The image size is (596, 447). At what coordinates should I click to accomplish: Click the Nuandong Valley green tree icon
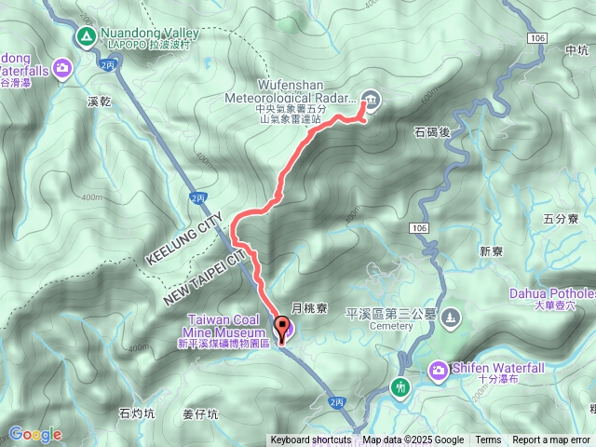pos(85,36)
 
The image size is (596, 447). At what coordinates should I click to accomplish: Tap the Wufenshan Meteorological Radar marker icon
pos(370,101)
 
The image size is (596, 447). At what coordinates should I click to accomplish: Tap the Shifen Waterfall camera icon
pos(437,372)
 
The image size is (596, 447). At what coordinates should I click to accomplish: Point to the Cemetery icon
pos(451,318)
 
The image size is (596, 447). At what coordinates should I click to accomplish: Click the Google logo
pos(35,434)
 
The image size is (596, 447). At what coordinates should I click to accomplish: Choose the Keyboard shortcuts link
pos(311,440)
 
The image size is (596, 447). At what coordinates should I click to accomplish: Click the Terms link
pos(488,440)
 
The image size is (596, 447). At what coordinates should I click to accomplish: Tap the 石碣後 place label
pos(431,133)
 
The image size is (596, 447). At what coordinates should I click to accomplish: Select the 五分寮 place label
pos(560,220)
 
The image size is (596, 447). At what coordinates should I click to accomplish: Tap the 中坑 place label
pos(564,51)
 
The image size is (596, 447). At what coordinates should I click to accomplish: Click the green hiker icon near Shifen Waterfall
pos(401,386)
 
